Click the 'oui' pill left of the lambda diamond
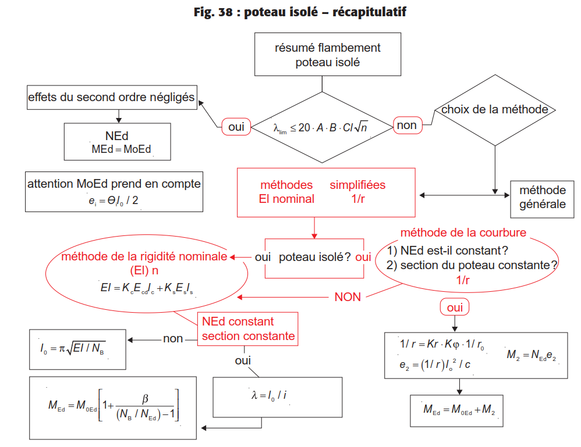[236, 127]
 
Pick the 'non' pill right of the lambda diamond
[407, 126]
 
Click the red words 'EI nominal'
[286, 199]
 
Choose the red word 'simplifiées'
[357, 185]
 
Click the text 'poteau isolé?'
[314, 257]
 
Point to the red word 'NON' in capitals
[348, 297]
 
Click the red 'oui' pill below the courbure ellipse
[455, 307]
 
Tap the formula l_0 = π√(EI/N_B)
[73, 348]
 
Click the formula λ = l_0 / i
[269, 396]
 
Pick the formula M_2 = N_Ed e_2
[532, 355]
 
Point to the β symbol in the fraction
[146, 399]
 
